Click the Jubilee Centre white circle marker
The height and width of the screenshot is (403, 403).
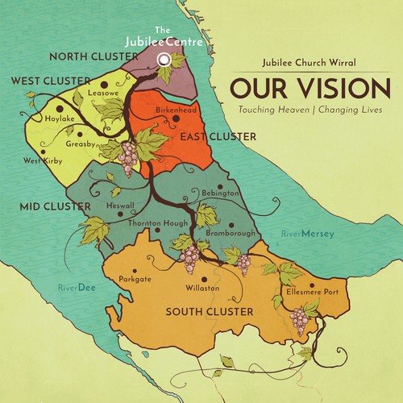point(164,59)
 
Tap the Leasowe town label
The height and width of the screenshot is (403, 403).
point(102,93)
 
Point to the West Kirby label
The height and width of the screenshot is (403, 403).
point(43,160)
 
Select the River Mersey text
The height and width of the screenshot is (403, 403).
point(307,235)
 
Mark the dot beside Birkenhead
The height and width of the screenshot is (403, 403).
point(177,118)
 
